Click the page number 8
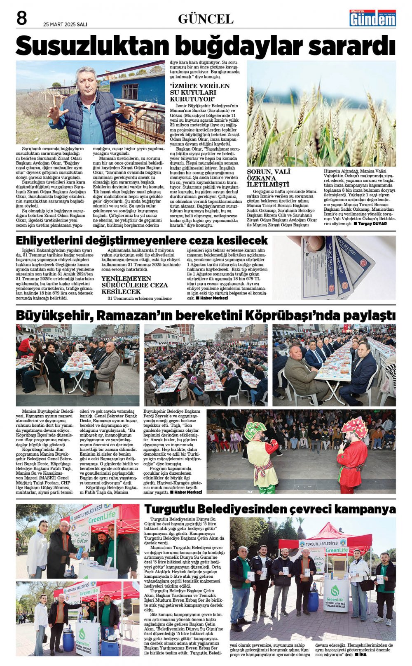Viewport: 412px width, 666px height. coord(21,19)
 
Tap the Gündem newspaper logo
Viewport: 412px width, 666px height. coord(372,18)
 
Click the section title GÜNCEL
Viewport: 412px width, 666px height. coord(206,19)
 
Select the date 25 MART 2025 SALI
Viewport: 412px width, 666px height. coord(65,24)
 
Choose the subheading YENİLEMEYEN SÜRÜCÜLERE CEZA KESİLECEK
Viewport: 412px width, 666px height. coord(134,285)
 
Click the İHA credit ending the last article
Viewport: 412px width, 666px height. coord(362,654)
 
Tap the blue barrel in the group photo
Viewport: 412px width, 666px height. coord(313,601)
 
